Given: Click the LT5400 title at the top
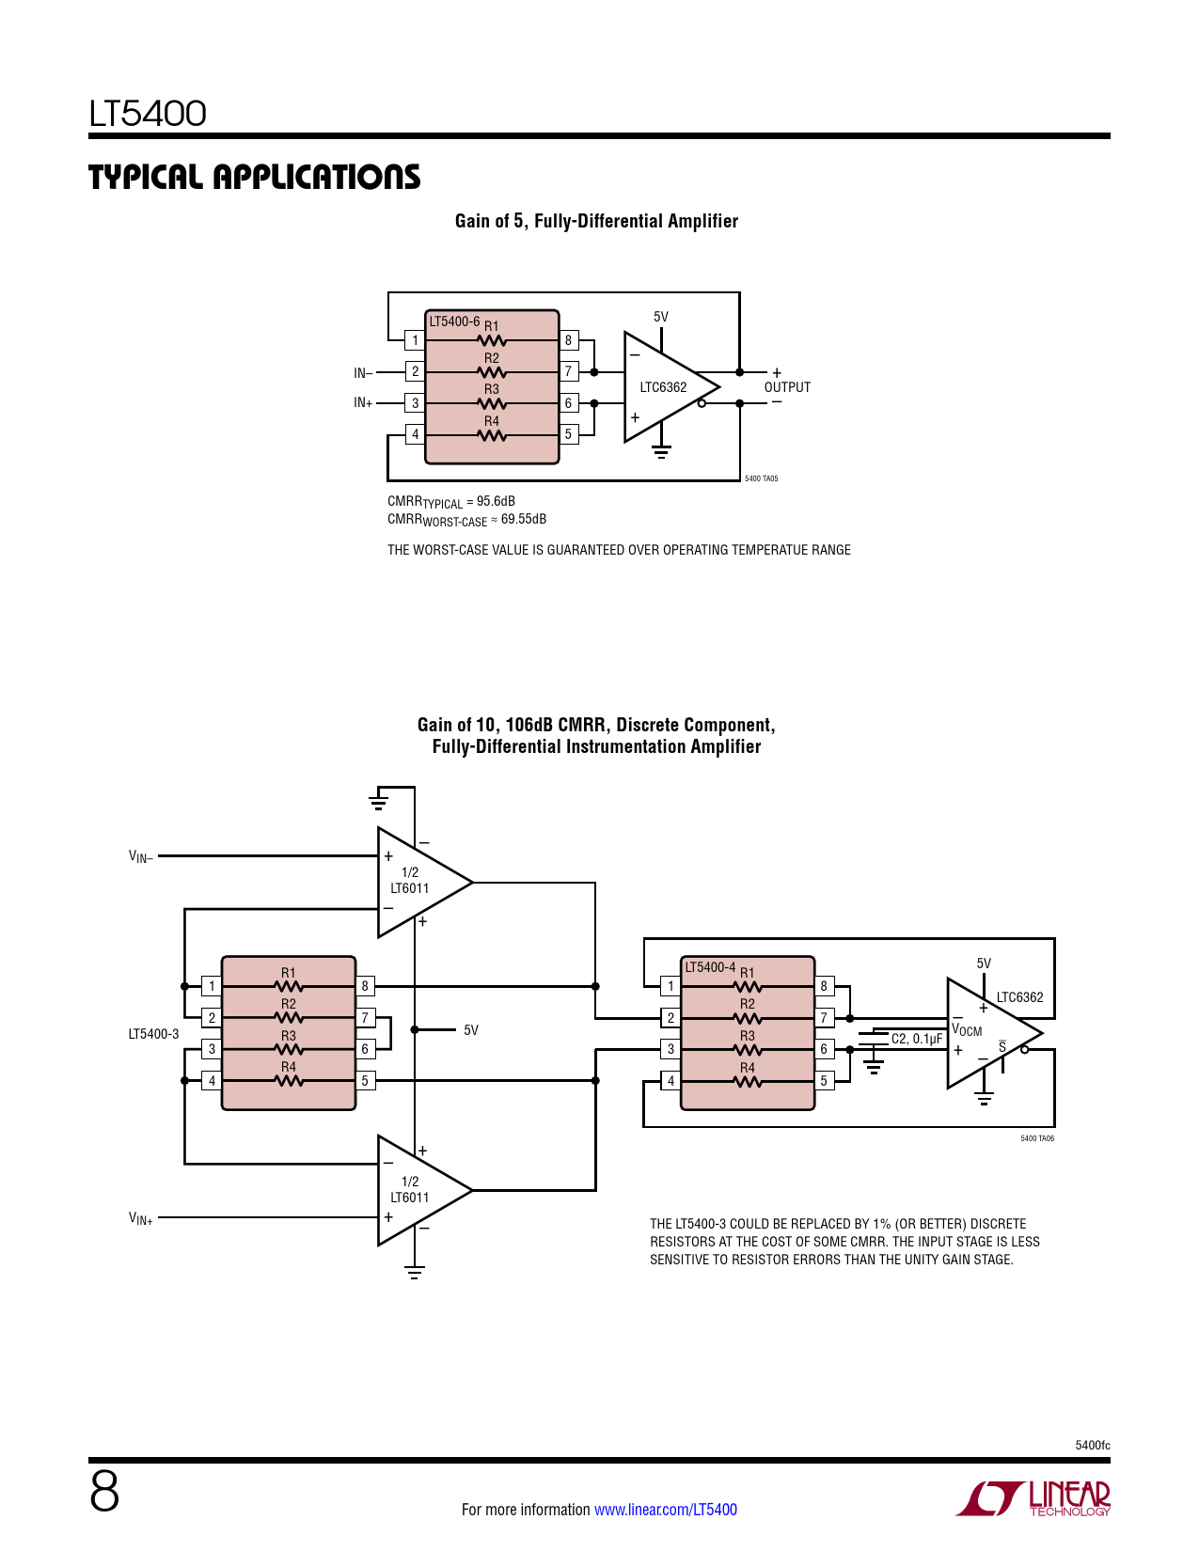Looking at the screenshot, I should [148, 114].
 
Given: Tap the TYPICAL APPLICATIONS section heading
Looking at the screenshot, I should [254, 177].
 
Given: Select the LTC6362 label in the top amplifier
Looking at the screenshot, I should [663, 387].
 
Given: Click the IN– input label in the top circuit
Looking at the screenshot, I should [363, 373].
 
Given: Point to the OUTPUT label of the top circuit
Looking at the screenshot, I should [787, 387].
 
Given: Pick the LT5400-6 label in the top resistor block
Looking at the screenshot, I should [454, 321].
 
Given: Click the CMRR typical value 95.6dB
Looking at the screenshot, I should [496, 501].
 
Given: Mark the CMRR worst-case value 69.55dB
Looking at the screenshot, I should [523, 519].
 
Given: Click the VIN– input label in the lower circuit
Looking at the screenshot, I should [140, 856].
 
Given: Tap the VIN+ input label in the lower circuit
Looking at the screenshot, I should [140, 1218].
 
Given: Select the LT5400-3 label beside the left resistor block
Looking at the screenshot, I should [153, 1034].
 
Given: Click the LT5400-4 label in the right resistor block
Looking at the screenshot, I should [710, 967].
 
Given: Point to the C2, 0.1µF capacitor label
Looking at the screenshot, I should [916, 1039].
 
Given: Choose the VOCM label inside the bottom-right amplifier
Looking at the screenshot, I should [967, 1029].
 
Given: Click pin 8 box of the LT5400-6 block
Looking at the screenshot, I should [568, 340].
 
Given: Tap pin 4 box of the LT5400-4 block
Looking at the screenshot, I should [670, 1081].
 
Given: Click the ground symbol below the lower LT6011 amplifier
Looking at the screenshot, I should [415, 1273].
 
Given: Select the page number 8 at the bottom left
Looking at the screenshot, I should [104, 1492].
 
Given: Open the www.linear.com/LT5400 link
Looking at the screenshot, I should [666, 1510].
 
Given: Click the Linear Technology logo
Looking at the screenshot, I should [1034, 1498].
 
